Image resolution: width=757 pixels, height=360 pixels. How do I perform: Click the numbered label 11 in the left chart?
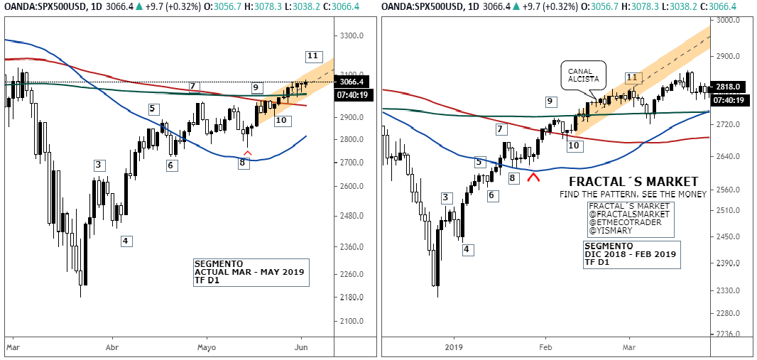[313, 56]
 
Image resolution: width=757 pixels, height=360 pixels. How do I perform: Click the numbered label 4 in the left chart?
[125, 241]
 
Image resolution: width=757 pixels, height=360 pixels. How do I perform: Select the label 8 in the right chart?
[513, 178]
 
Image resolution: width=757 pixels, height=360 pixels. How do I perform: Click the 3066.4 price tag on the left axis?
[352, 82]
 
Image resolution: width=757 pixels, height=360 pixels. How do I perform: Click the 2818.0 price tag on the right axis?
[729, 87]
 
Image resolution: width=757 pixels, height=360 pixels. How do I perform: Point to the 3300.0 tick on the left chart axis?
[352, 36]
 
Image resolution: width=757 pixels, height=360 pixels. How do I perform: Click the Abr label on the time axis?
[111, 349]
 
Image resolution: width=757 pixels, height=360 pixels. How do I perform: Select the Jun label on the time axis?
[302, 349]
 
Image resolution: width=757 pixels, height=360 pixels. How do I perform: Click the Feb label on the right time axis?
[545, 349]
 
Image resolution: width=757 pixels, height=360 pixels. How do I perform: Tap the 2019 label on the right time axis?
[453, 349]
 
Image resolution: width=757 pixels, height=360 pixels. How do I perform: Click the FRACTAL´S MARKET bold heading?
[633, 182]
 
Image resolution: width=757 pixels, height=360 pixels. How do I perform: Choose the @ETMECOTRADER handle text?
[626, 222]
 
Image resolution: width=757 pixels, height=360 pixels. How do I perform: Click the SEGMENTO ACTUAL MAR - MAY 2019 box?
[251, 272]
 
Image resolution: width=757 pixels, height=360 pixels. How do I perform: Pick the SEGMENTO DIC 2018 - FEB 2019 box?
[631, 254]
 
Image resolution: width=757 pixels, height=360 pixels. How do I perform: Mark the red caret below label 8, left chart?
[247, 152]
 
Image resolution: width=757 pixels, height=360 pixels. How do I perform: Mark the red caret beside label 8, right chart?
[531, 178]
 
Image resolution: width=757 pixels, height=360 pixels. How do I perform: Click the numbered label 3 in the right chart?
[446, 197]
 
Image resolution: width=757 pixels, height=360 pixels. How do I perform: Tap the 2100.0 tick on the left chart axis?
[352, 322]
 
